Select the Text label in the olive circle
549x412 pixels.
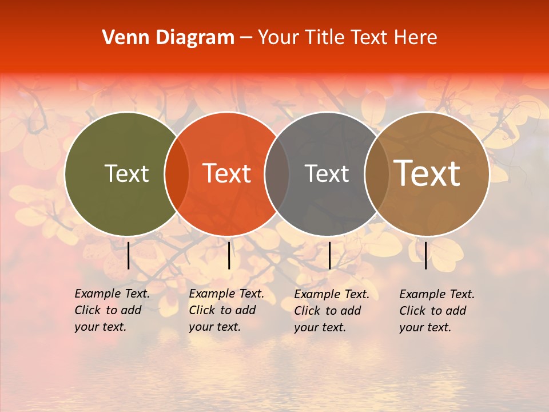coord(126,173)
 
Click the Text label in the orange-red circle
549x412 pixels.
coord(227,173)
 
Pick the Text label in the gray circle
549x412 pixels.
coord(327,173)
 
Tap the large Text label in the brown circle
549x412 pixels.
coord(427,173)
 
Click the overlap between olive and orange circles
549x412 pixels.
coord(177,174)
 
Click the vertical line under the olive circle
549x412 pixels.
coord(128,255)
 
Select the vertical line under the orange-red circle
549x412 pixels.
coord(229,255)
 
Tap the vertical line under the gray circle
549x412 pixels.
coord(329,255)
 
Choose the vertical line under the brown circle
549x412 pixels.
coord(425,255)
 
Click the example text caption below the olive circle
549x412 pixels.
coord(112,310)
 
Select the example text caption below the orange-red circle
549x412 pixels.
coord(226,310)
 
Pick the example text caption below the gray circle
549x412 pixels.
coord(332,311)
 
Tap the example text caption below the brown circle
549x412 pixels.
coord(437,311)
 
